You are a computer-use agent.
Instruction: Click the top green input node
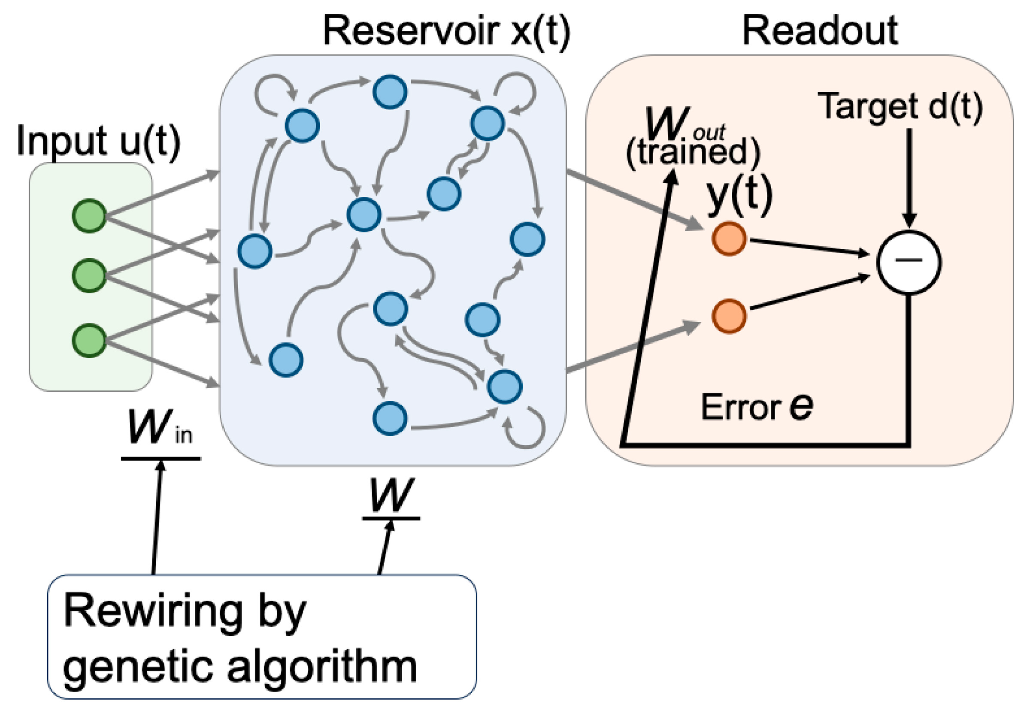[x=89, y=216]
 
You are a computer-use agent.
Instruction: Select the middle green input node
[x=89, y=276]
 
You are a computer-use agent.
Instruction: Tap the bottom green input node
[x=89, y=340]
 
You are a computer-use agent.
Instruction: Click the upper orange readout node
[x=729, y=239]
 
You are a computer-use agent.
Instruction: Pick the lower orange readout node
[x=729, y=316]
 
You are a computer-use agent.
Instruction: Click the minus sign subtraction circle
[x=909, y=262]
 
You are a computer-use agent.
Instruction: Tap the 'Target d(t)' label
[x=900, y=106]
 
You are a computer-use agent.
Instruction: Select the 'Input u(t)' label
[x=98, y=141]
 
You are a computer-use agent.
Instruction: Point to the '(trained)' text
[x=693, y=151]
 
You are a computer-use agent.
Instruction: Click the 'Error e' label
[x=757, y=406]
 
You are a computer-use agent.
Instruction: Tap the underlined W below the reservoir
[x=390, y=496]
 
